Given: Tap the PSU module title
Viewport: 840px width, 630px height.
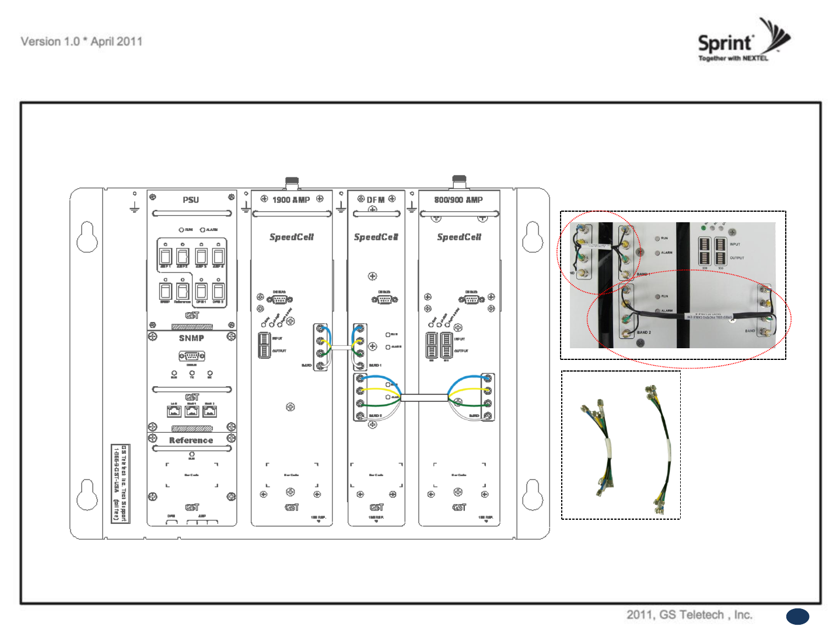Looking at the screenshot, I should point(191,200).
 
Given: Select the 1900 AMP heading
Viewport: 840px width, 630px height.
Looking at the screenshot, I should point(291,200).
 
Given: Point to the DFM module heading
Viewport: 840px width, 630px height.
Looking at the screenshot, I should point(376,200).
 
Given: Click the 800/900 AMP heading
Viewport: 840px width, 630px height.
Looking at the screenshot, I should point(459,200).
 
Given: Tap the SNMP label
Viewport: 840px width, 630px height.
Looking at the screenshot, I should point(191,338).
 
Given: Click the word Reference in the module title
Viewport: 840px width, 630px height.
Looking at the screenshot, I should point(191,440).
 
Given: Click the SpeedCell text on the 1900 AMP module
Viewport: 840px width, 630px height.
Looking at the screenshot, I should point(292,237).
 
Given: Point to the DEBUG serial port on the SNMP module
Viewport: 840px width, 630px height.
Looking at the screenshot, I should point(191,356).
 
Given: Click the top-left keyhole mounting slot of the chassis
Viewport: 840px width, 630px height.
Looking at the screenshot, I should point(87,237).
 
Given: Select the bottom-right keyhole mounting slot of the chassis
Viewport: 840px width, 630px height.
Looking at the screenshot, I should point(532,495).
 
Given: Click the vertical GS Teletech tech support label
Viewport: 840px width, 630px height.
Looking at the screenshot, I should point(120,484).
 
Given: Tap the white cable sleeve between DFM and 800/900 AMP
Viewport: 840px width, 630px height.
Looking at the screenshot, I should point(424,398).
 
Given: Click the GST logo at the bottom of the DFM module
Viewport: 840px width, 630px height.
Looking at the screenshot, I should point(376,508).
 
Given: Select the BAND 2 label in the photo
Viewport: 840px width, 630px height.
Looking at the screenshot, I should point(644,332).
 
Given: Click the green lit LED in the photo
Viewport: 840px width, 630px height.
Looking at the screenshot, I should point(703,228).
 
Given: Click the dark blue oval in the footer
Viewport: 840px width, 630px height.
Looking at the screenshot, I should point(797,617).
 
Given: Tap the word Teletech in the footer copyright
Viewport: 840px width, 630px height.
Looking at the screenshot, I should point(702,615).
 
